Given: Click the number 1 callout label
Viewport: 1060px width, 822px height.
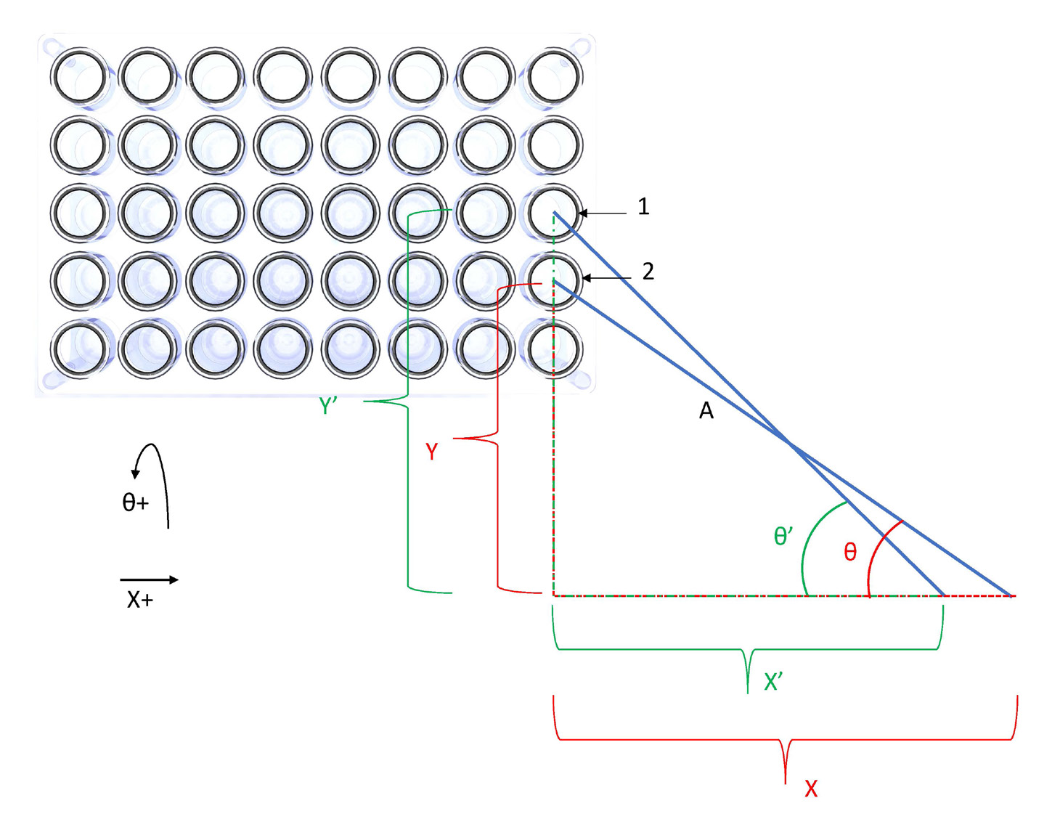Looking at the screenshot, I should click(643, 207).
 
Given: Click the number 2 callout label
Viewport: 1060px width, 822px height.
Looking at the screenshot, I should click(648, 272).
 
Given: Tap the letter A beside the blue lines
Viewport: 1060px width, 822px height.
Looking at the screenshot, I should click(706, 412).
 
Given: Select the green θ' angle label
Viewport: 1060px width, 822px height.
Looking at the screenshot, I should click(783, 537).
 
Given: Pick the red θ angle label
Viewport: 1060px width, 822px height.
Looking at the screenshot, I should click(850, 553).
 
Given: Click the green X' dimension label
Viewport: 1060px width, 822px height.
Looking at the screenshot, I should click(772, 682).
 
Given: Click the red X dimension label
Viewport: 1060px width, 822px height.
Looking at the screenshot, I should click(811, 789).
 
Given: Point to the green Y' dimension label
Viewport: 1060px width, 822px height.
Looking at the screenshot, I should click(328, 406).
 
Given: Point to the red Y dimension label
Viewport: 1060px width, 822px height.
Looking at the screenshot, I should click(432, 452).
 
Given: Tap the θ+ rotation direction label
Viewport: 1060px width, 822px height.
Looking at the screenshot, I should click(135, 502).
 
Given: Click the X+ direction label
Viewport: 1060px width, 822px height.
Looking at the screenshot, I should click(140, 600).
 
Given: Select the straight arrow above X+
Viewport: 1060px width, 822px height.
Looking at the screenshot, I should click(149, 579).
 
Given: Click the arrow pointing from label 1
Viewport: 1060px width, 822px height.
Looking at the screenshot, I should click(603, 213).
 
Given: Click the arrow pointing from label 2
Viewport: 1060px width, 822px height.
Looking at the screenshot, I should click(606, 278).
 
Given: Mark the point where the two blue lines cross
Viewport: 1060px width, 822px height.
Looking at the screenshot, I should click(790, 443).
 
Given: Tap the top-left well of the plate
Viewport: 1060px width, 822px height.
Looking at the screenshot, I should click(80, 76).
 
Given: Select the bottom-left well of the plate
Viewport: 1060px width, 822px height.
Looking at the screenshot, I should click(80, 349).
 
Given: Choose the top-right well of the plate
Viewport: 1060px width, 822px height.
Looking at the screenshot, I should click(554, 76).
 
